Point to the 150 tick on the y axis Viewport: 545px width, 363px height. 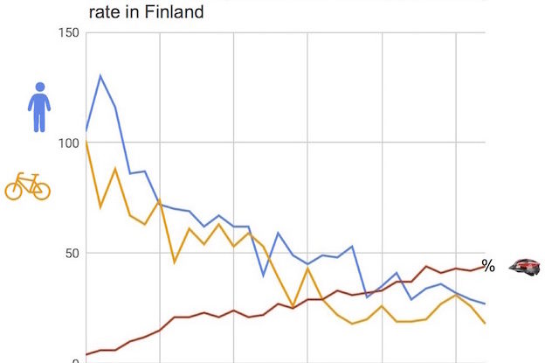tap(68, 33)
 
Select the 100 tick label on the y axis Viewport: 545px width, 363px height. tap(68, 143)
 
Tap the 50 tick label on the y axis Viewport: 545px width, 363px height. tap(72, 254)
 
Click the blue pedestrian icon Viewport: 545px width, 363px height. tap(38, 108)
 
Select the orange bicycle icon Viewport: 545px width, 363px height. tap(28, 185)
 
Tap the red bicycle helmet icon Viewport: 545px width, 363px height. tap(525, 266)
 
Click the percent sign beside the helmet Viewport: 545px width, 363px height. tap(488, 266)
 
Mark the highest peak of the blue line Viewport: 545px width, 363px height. tap(100, 76)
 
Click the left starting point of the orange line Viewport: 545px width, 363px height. tap(86, 141)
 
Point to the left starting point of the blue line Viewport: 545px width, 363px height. tap(86, 130)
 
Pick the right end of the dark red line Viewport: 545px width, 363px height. tap(485, 264)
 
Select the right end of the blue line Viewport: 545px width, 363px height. tap(485, 304)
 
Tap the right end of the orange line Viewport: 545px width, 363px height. tap(485, 324)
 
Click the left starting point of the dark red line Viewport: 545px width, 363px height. tap(86, 354)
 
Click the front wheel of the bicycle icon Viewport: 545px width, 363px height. tap(40, 190)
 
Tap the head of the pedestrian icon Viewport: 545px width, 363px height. tap(38, 87)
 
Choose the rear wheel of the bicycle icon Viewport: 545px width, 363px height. tap(15, 190)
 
